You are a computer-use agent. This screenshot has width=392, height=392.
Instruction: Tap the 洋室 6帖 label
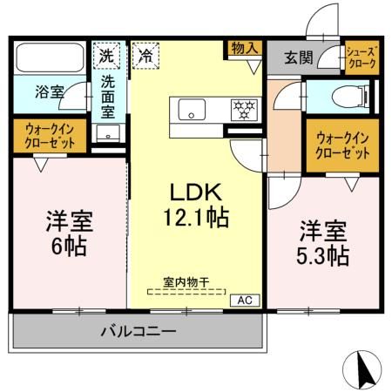pos(66,233)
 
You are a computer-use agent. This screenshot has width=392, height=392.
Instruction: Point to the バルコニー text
pos(138,331)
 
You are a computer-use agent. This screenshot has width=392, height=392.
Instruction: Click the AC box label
pos(245,300)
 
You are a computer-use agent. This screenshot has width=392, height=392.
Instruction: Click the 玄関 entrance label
pos(296,58)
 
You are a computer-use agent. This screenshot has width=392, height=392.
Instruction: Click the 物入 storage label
pos(245,49)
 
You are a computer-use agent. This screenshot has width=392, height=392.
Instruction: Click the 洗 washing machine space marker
pos(105,54)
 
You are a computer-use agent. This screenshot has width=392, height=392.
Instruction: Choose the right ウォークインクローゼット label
pos(342,145)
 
